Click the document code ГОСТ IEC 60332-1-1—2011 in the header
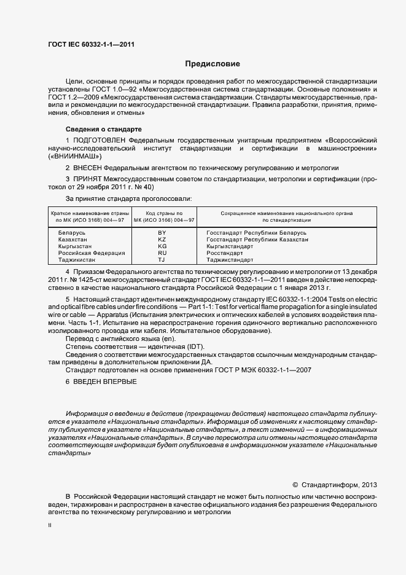click(x=91, y=44)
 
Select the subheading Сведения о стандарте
click(x=104, y=129)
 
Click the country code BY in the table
click(x=162, y=233)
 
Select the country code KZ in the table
click(x=162, y=240)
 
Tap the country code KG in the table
click(x=162, y=246)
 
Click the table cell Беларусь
click(x=72, y=233)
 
